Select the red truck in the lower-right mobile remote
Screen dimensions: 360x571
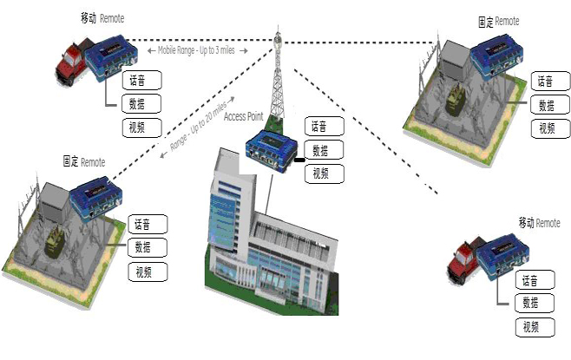[465, 260]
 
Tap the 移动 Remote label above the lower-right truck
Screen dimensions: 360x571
[539, 223]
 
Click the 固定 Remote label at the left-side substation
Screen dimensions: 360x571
[84, 162]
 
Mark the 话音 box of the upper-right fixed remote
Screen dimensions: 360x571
[544, 82]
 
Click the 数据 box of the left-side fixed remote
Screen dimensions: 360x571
[145, 247]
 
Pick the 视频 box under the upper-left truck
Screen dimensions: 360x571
[140, 128]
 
